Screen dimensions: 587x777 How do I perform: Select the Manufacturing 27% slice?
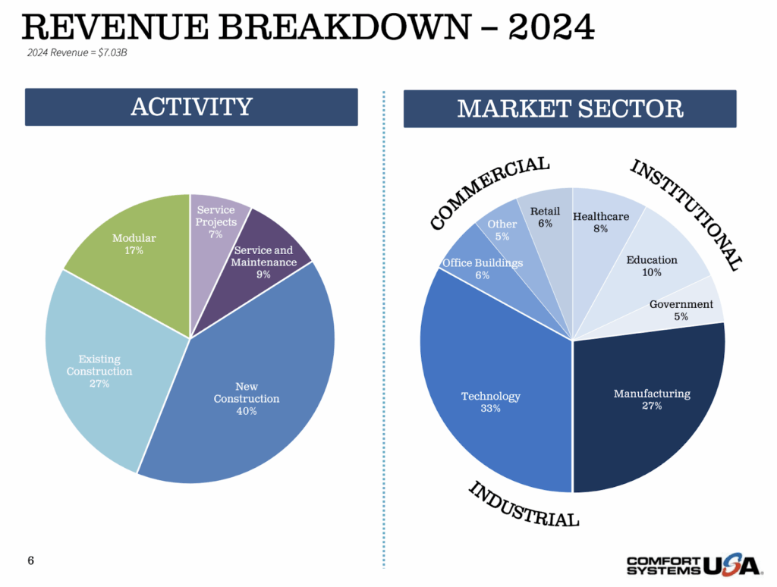point(651,398)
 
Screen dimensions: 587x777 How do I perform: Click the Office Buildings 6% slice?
point(483,267)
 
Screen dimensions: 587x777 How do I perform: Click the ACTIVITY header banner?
point(191,107)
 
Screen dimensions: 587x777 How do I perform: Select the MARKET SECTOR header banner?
point(570,108)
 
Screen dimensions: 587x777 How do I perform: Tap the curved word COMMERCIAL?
point(489,191)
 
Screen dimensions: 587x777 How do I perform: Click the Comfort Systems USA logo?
point(692,564)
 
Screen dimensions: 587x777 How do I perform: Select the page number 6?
point(30,561)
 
